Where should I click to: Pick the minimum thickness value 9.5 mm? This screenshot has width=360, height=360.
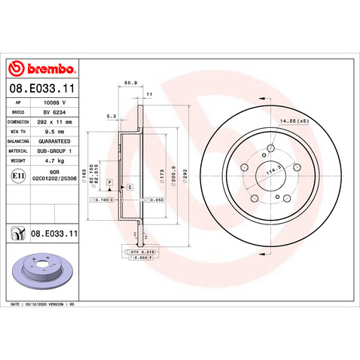50,130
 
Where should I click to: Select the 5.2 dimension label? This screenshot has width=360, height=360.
111,116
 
